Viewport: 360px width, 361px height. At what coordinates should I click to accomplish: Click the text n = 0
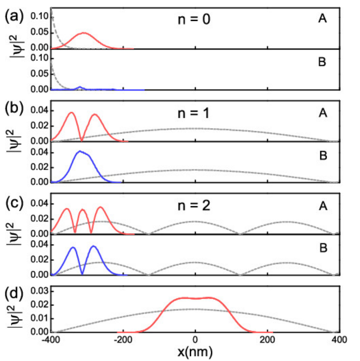(x=194, y=20)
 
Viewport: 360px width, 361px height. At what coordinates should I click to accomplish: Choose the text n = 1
(x=194, y=112)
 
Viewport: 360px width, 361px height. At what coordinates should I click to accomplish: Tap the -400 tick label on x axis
(x=51, y=338)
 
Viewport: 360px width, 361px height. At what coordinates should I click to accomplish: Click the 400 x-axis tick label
(x=340, y=338)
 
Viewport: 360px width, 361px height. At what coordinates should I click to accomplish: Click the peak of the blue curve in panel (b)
(x=80, y=151)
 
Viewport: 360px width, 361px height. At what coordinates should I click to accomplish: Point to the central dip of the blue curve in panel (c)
(x=82, y=273)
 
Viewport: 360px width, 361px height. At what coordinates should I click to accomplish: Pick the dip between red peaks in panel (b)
(x=82, y=140)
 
